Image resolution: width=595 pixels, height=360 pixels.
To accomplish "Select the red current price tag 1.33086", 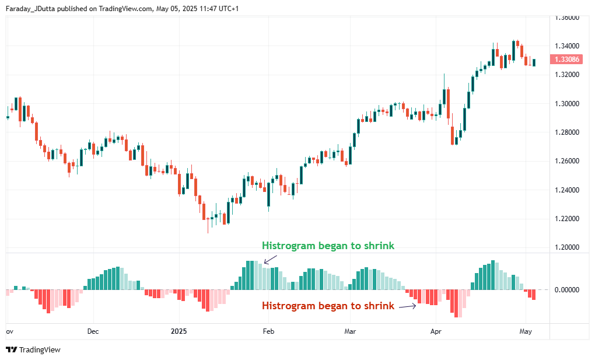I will tap(566, 60).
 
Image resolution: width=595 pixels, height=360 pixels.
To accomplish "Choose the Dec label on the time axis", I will tap(93, 331).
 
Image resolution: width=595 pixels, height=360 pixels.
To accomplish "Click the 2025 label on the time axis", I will tap(179, 331).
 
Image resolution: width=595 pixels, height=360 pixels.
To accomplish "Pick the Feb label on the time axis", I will tap(268, 331).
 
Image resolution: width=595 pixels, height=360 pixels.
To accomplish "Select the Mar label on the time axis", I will tap(350, 331).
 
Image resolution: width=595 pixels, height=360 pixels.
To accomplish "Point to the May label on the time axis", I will tap(526, 331).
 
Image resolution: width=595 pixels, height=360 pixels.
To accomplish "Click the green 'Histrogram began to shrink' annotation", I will tap(328, 246).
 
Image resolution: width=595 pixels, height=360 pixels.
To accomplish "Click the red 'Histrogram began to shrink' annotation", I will tap(328, 306).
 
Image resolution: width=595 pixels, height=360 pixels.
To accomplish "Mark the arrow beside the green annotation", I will tap(270, 260).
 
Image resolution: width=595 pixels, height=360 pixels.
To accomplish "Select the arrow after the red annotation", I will tap(408, 305).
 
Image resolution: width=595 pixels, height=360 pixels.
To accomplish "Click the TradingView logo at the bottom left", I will tap(33, 349).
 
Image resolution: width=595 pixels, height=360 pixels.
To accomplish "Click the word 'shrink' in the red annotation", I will tap(380, 306).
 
